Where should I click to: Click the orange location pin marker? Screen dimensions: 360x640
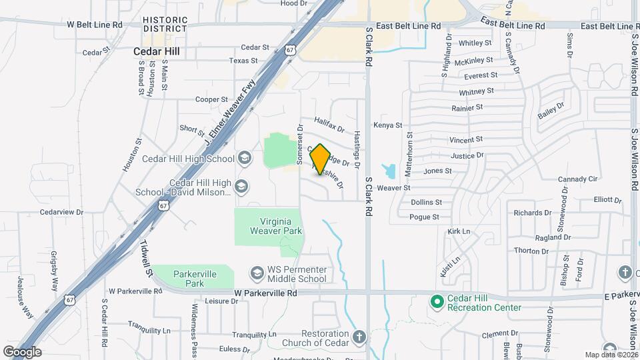(321, 159)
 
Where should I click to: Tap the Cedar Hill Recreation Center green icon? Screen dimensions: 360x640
(437, 302)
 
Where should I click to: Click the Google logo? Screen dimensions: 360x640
(22, 351)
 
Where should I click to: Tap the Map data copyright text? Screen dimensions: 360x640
(610, 355)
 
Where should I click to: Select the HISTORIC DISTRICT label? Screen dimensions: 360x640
(165, 25)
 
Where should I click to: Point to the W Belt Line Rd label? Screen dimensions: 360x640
(95, 25)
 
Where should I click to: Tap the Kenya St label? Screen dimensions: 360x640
(388, 125)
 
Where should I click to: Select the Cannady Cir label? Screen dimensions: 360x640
(578, 179)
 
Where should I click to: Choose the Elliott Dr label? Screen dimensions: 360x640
(607, 199)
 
